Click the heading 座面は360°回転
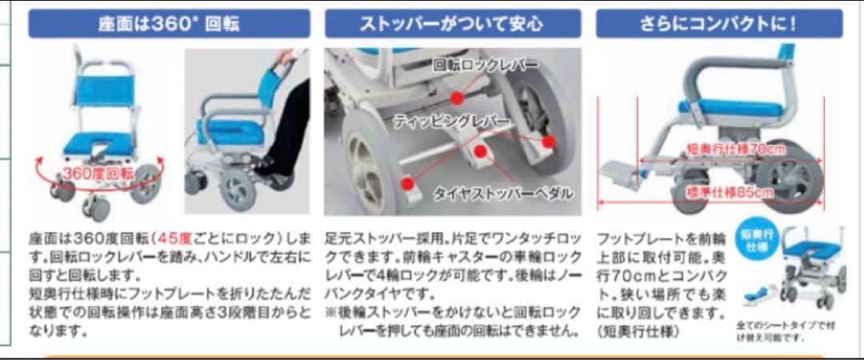point(169,23)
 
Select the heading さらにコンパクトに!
point(719,23)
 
